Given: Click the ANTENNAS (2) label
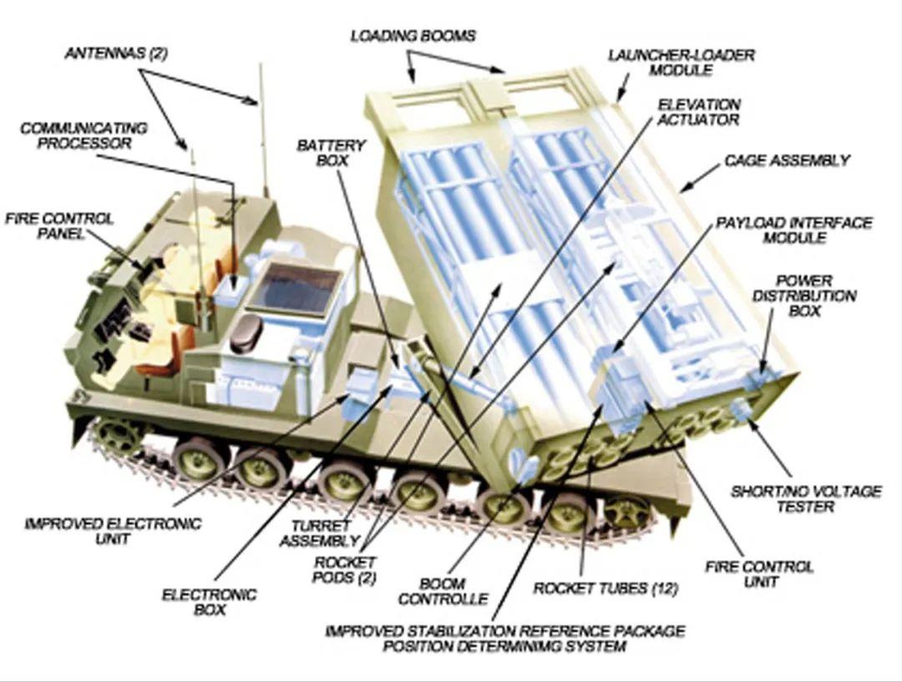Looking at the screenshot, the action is (115, 53).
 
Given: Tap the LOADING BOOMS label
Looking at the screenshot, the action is (413, 36).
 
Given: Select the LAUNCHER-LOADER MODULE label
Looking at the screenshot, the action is (682, 62).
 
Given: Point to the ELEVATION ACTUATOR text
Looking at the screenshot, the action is (698, 112).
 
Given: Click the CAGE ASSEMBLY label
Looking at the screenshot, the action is (787, 160).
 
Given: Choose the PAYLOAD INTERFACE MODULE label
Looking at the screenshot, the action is (794, 230).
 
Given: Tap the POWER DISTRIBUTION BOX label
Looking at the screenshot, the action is (804, 296).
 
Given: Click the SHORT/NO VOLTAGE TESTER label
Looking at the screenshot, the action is (805, 499).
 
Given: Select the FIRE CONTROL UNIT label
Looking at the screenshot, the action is (759, 574).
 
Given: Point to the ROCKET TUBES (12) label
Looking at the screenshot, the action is (606, 588).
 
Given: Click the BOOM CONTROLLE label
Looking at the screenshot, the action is (443, 592).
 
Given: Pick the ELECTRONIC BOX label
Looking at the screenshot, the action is (210, 602).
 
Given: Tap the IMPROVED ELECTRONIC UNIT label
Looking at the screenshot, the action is (114, 532).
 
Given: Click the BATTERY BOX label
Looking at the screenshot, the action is (332, 153).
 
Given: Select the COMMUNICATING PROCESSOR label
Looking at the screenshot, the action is (84, 135).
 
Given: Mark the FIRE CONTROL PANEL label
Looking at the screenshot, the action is (60, 226).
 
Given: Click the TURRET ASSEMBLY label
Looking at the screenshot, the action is (320, 533).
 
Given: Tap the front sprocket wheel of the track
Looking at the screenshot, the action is (118, 435).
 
